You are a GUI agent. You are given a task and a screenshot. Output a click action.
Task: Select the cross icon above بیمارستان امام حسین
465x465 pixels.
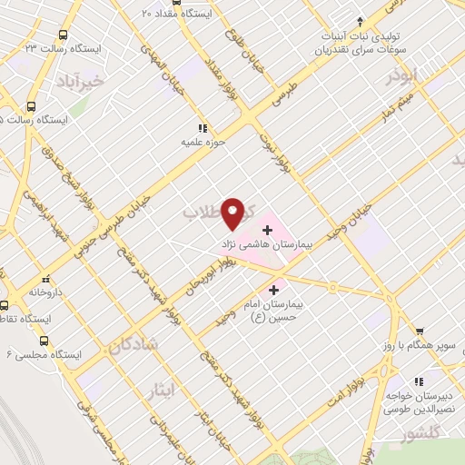(274, 290)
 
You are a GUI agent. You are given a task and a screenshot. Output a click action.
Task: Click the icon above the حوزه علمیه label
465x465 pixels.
(202, 128)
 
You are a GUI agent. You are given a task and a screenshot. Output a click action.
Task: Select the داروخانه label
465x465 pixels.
(43, 293)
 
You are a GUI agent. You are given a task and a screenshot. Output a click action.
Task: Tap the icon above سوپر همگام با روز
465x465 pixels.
(418, 331)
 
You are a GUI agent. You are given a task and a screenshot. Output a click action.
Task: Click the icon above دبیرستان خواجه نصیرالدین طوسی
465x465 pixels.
(418, 381)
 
